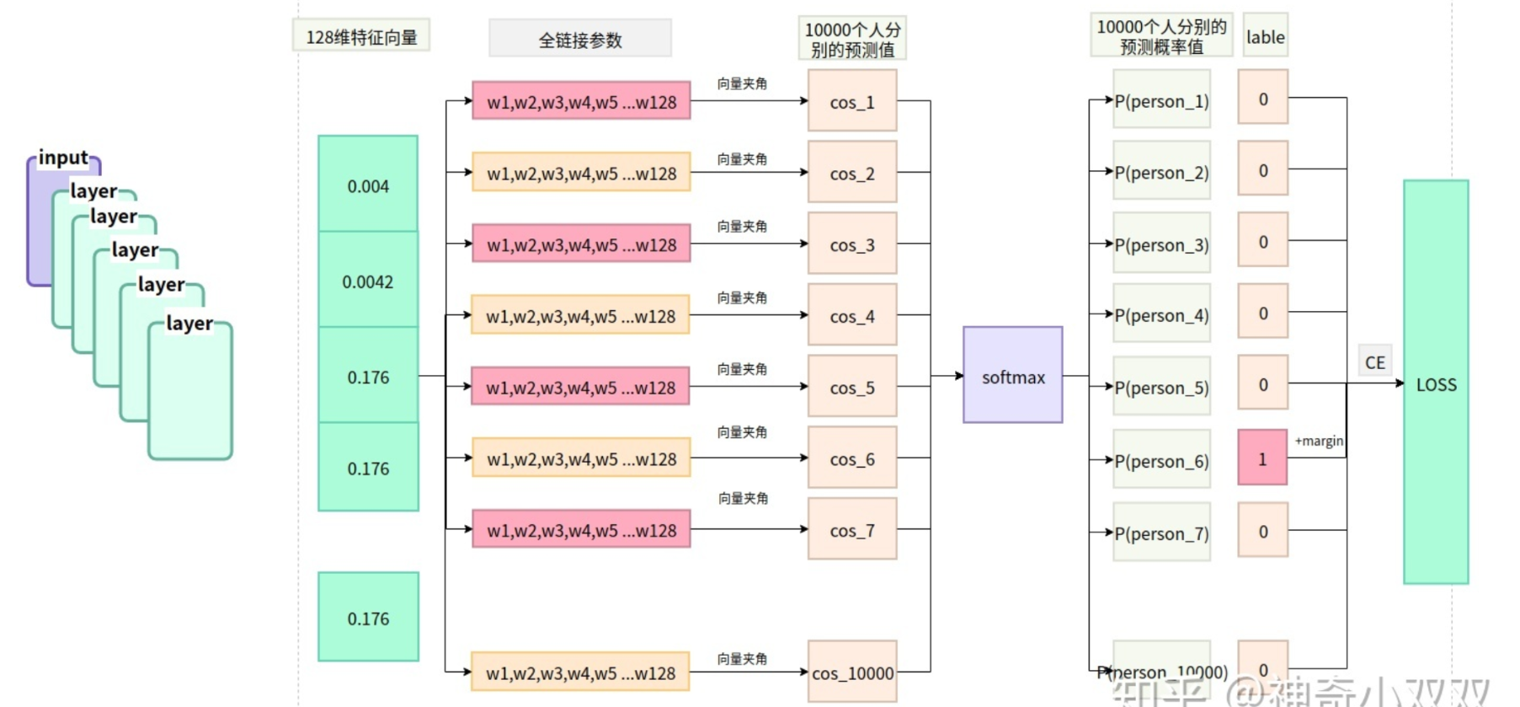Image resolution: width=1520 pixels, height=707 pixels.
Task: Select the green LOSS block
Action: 1435,383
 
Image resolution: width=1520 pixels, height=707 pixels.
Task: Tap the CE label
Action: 1374,362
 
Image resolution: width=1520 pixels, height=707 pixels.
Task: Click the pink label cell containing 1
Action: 1261,458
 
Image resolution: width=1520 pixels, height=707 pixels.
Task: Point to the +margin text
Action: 1319,441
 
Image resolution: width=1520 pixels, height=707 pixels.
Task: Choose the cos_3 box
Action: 851,244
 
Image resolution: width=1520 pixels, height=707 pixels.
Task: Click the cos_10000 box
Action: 852,672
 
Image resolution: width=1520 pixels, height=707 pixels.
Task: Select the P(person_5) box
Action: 1161,387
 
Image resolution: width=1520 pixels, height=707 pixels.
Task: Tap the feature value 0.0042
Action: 368,281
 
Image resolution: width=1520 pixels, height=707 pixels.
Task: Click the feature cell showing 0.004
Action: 368,185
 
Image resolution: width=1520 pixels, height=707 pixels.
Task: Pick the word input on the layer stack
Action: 63,158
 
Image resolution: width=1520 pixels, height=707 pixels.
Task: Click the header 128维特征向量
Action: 361,37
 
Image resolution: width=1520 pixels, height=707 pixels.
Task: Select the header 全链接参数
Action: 580,40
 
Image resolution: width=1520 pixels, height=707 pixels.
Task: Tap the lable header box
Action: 1265,36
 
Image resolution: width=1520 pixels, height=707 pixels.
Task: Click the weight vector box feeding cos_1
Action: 581,102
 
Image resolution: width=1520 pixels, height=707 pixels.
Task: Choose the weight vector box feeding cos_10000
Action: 580,672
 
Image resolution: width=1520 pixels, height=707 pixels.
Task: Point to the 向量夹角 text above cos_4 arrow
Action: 742,297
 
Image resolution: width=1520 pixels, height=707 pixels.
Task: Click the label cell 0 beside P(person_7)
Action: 1262,531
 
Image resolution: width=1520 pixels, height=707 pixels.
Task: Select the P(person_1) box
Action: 1161,100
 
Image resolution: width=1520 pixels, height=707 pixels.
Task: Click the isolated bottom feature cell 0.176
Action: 368,618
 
